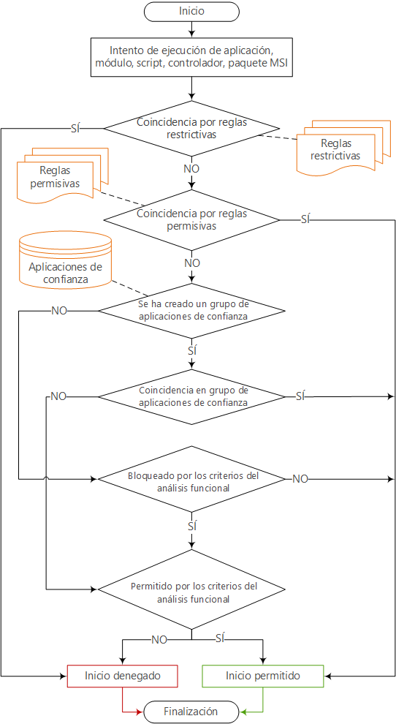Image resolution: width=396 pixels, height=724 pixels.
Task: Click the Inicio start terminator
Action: (191, 11)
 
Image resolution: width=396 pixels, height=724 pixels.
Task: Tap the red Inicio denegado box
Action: (122, 676)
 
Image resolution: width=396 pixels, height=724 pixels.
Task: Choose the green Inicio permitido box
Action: (263, 676)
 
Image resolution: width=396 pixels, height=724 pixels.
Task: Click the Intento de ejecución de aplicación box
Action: (191, 57)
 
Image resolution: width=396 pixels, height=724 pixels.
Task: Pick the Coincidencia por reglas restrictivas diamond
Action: (191, 129)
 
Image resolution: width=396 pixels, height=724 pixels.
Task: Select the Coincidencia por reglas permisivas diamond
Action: (191, 220)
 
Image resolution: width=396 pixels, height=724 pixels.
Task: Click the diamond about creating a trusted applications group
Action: (191, 310)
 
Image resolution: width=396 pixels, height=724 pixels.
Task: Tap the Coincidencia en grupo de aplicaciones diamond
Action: (191, 396)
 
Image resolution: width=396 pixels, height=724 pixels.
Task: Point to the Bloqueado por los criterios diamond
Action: (191, 479)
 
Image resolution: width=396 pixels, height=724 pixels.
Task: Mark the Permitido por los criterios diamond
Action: (191, 589)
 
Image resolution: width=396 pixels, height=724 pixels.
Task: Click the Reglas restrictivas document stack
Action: (340, 148)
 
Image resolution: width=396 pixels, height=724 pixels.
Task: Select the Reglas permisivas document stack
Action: (62, 176)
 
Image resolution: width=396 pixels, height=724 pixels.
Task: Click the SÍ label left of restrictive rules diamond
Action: (77, 129)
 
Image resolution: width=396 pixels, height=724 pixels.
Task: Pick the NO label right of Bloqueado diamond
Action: (300, 479)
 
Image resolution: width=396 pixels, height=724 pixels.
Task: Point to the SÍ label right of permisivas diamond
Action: (305, 220)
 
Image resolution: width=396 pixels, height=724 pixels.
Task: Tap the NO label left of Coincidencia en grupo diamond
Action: (58, 396)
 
